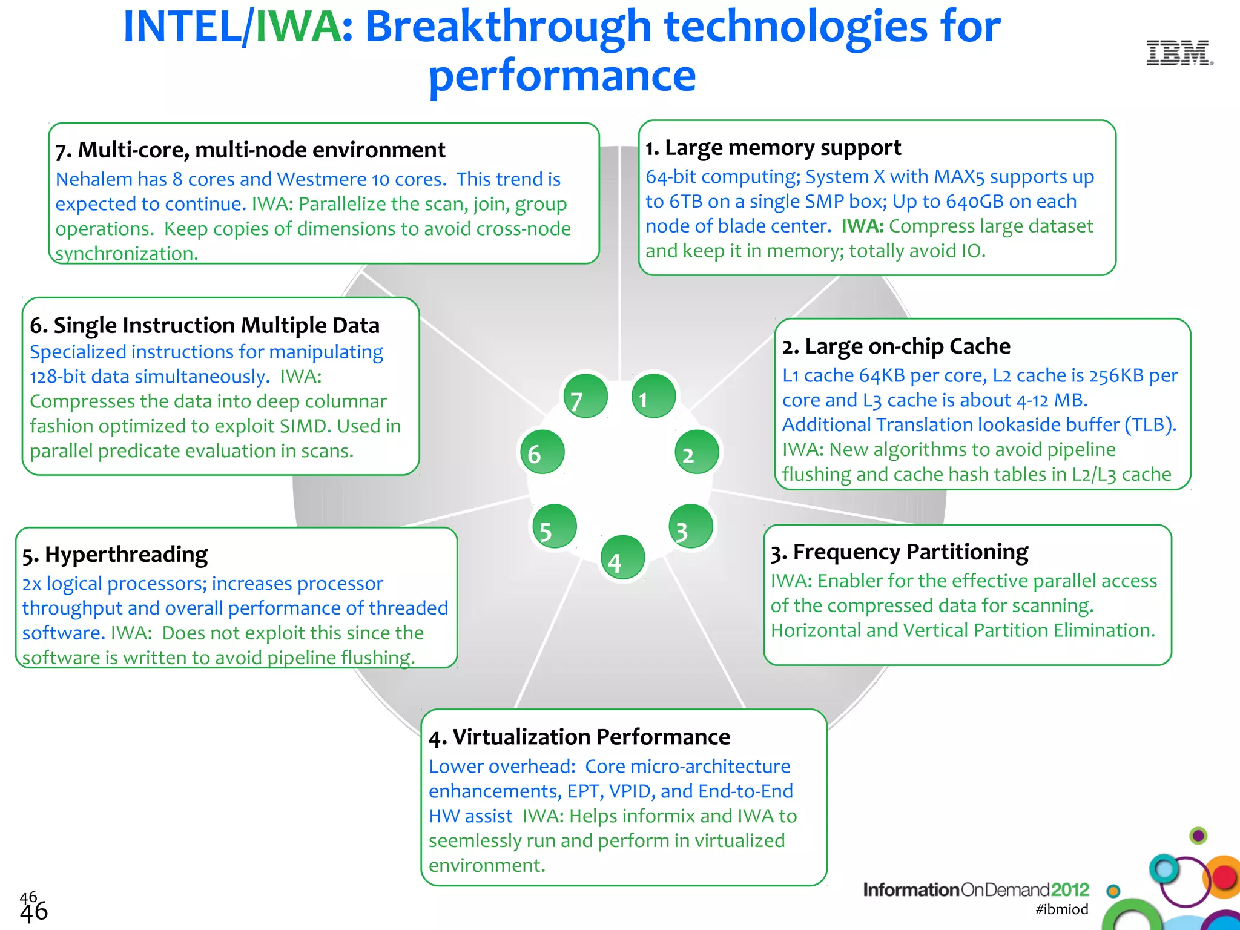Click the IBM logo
coord(1179,53)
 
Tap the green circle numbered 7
coord(585,397)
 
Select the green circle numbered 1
coord(653,397)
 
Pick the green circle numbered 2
coord(697,452)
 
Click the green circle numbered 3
coord(691,527)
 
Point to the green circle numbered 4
coord(622,558)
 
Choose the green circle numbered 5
coord(554,527)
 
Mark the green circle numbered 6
coord(542,452)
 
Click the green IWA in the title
coord(298,27)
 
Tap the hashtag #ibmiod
coord(1061,909)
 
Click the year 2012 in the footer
coord(1070,889)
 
